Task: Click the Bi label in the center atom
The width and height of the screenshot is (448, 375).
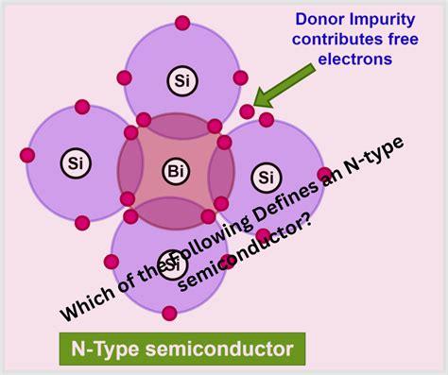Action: point(176,171)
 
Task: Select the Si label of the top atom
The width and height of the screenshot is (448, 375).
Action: point(181,81)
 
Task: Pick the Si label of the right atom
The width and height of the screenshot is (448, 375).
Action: point(267,176)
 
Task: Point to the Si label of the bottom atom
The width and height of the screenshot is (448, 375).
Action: point(171,261)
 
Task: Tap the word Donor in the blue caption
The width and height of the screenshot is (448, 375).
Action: point(321,18)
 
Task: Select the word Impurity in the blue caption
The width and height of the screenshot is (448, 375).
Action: point(388,18)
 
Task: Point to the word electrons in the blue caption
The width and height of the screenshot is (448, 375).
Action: point(355,59)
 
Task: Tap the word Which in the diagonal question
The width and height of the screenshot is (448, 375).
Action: point(85,302)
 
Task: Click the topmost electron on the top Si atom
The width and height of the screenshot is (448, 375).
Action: point(181,23)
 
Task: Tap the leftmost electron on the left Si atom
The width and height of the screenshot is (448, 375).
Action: point(26,155)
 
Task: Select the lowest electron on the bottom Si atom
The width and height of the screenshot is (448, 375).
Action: point(169,313)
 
